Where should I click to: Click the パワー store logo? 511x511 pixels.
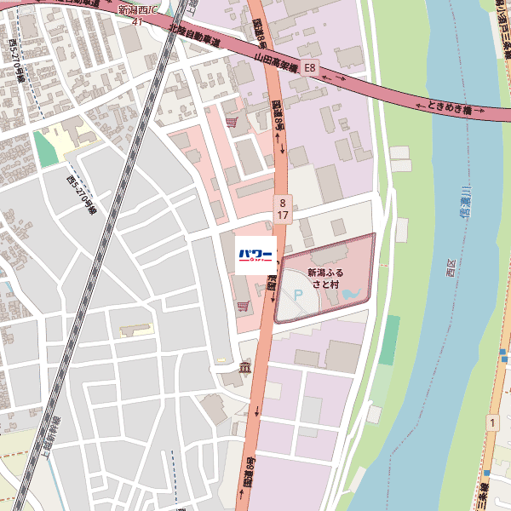255,255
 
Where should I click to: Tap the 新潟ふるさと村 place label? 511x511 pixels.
324,278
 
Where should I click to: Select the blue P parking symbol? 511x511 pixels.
298,295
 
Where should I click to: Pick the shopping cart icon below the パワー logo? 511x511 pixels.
244,304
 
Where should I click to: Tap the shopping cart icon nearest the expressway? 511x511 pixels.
231,122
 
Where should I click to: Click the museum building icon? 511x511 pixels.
246,367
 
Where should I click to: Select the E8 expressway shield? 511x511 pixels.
309,66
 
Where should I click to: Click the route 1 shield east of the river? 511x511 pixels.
491,422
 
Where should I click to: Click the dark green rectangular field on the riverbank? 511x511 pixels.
389,340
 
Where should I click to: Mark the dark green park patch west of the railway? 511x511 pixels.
43,150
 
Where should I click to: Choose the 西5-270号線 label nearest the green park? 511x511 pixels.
83,195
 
